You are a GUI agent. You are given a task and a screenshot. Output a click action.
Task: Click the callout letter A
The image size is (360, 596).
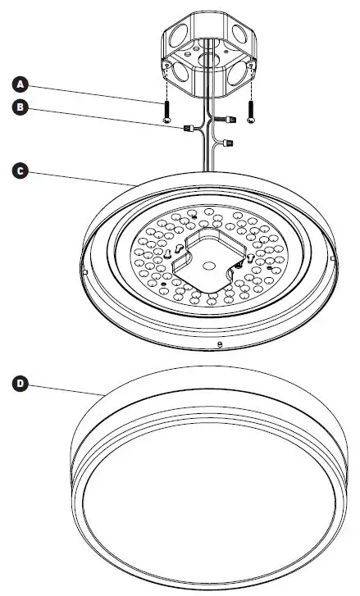click(x=21, y=82)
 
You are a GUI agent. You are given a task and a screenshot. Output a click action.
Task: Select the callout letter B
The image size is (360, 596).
click(x=21, y=107)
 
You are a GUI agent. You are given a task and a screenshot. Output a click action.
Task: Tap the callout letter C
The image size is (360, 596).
click(x=21, y=171)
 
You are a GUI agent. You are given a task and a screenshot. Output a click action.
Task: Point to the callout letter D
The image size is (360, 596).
click(x=21, y=383)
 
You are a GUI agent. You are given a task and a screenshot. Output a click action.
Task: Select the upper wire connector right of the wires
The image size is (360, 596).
click(x=231, y=120)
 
